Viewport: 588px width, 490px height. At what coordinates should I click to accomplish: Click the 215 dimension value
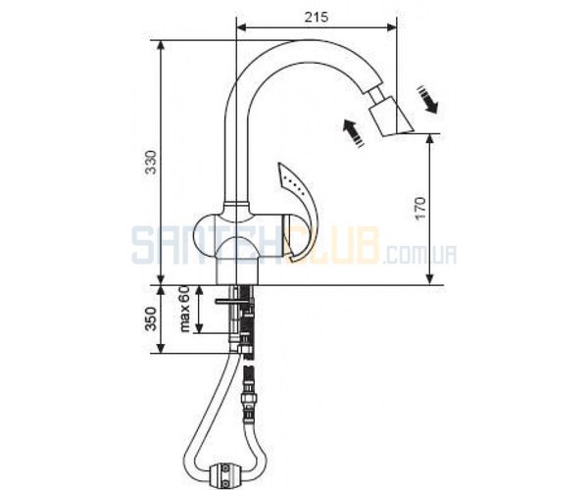click(317, 17)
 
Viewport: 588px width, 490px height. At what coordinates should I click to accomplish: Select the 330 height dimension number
click(152, 162)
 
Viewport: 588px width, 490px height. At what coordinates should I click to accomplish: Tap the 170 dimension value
click(420, 208)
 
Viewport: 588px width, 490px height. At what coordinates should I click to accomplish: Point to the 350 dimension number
click(151, 318)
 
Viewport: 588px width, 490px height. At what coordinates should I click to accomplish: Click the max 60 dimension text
click(184, 308)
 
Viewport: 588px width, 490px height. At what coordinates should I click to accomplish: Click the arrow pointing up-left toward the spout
click(353, 132)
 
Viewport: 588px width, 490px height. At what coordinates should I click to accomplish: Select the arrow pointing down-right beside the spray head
click(427, 99)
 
